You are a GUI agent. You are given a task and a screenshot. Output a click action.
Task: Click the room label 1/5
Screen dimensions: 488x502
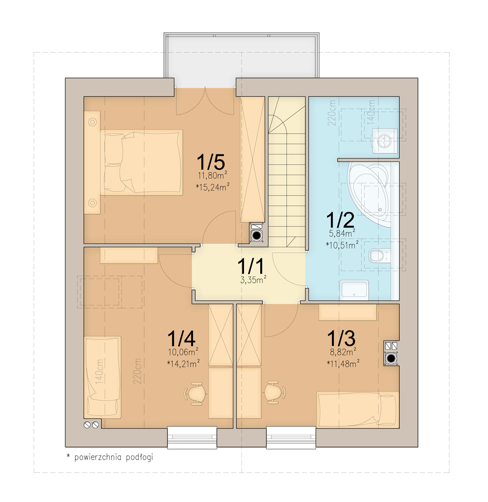pyautogui.click(x=211, y=162)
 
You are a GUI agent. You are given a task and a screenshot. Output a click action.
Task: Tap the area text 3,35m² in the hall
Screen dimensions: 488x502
pyautogui.click(x=253, y=280)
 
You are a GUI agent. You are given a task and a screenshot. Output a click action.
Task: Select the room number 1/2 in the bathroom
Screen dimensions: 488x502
pyautogui.click(x=340, y=220)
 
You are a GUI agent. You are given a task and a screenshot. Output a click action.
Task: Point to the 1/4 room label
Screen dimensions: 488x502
pyautogui.click(x=181, y=338)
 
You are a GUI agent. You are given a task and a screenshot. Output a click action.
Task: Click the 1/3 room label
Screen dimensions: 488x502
pyautogui.click(x=341, y=338)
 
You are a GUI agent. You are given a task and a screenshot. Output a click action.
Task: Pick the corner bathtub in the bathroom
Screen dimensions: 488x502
pyautogui.click(x=368, y=194)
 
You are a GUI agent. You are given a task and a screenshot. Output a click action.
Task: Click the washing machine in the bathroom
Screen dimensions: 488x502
pyautogui.click(x=385, y=141)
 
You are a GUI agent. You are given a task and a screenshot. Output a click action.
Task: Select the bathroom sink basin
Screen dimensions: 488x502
pyautogui.click(x=354, y=290)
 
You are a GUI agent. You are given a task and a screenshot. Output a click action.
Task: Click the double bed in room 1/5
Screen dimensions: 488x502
pyautogui.click(x=142, y=163)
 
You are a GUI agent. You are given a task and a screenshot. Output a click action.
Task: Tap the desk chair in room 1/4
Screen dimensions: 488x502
pyautogui.click(x=195, y=393)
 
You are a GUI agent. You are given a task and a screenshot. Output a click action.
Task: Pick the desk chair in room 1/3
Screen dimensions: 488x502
pyautogui.click(x=274, y=392)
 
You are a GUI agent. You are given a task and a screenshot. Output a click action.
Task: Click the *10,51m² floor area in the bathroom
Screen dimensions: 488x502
pyautogui.click(x=342, y=245)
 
